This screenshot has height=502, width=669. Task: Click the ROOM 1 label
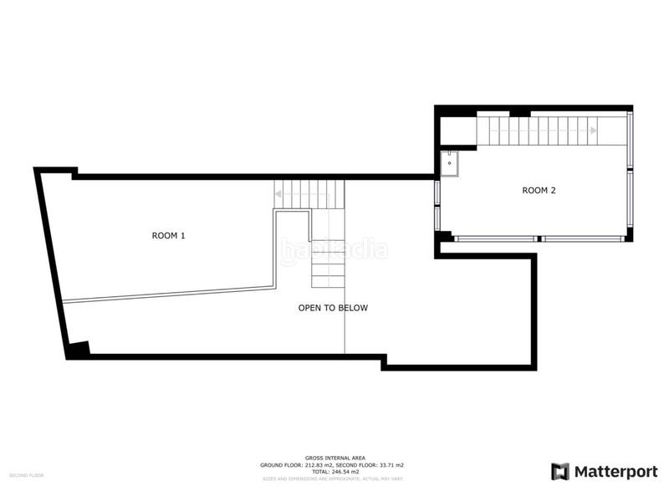tap(168, 236)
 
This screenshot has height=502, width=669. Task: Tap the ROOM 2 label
tap(539, 191)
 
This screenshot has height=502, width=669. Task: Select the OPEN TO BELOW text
tap(333, 308)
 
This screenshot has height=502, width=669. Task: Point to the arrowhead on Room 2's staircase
tap(593, 131)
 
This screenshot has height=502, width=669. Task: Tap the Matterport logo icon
tap(559, 472)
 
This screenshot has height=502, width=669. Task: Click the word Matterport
tap(615, 472)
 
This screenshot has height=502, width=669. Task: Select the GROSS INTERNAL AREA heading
tap(334, 458)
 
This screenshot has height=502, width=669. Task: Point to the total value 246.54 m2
tap(343, 471)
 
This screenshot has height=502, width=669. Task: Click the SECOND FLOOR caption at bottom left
tap(27, 475)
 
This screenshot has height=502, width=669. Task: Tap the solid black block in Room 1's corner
tap(78, 350)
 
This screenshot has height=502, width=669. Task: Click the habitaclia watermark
tap(334, 248)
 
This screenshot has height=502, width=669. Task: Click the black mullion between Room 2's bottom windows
tap(539, 238)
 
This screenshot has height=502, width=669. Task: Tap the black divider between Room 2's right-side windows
tap(631, 174)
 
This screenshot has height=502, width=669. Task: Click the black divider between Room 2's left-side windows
tap(437, 205)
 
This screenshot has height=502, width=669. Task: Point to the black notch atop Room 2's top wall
tap(519, 111)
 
